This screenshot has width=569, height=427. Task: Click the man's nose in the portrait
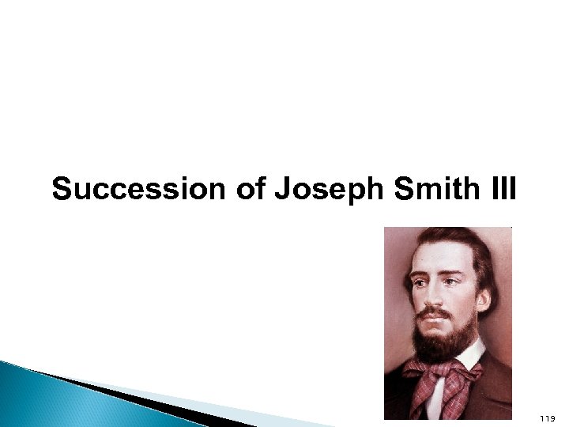(431, 297)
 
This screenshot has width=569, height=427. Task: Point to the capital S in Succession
(61, 191)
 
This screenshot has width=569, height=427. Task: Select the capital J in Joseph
(282, 191)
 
